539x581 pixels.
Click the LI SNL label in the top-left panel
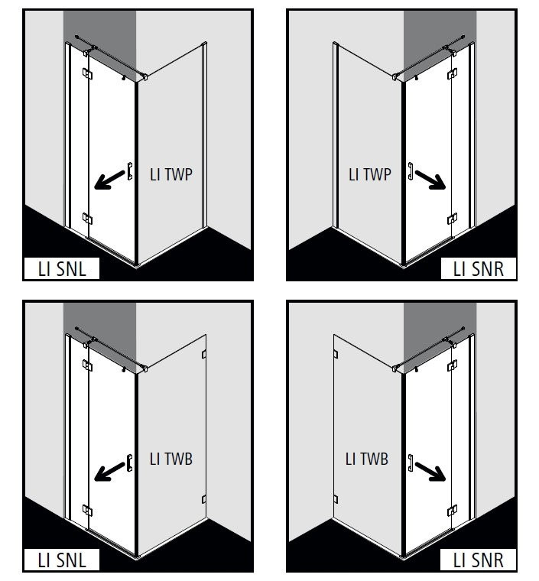pos(62,269)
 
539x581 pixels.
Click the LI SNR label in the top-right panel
pos(479,269)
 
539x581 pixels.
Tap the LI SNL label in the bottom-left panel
pos(62,560)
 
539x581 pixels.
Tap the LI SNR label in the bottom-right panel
pos(479,560)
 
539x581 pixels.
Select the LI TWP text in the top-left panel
pos(171,174)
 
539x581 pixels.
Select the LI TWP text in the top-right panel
pos(370,174)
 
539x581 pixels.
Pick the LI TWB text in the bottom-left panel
pos(171,459)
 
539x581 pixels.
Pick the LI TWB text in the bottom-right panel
pos(367,459)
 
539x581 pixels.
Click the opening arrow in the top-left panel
pos(109,180)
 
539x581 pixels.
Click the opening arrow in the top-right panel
pos(430,180)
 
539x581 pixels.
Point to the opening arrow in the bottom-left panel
pos(109,472)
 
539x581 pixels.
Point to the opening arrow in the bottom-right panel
pos(430,472)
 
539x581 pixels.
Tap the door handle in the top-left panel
pos(130,171)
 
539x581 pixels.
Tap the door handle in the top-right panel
pos(411,171)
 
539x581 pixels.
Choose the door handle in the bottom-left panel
pos(130,463)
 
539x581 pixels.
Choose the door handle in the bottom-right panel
pos(411,463)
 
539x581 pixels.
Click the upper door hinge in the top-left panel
pos(87,73)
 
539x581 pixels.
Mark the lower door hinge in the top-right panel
pos(452,219)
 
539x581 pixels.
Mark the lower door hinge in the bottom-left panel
pos(87,511)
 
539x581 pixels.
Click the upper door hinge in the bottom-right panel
pos(452,365)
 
